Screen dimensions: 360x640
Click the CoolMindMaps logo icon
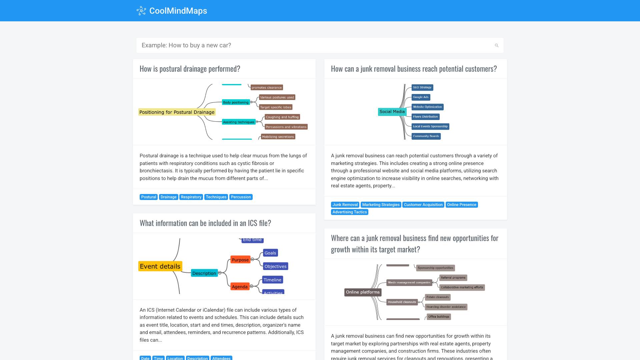click(x=141, y=11)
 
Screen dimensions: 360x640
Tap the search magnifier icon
click(x=497, y=45)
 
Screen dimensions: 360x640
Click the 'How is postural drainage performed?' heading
click(x=190, y=69)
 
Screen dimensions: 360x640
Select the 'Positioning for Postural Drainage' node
click(x=177, y=112)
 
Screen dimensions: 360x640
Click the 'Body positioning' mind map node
click(x=236, y=102)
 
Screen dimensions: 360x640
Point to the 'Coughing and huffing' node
click(x=282, y=117)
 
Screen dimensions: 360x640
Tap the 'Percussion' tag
click(x=241, y=197)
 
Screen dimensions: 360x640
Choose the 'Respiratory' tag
click(x=191, y=197)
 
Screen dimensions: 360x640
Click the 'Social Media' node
click(x=392, y=112)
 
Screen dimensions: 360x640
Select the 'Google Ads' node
click(x=421, y=97)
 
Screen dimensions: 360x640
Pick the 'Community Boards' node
click(x=426, y=136)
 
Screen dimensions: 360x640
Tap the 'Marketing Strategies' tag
click(x=381, y=205)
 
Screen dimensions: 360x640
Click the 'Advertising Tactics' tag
click(x=349, y=212)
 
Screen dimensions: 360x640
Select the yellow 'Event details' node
click(x=160, y=266)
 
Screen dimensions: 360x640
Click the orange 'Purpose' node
click(x=240, y=260)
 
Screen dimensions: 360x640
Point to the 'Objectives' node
click(x=275, y=266)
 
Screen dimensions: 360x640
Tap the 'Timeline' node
click(x=272, y=280)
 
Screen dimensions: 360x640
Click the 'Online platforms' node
click(x=363, y=292)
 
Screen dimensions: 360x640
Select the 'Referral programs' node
click(x=453, y=278)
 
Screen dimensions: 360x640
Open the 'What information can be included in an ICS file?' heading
click(x=205, y=223)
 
